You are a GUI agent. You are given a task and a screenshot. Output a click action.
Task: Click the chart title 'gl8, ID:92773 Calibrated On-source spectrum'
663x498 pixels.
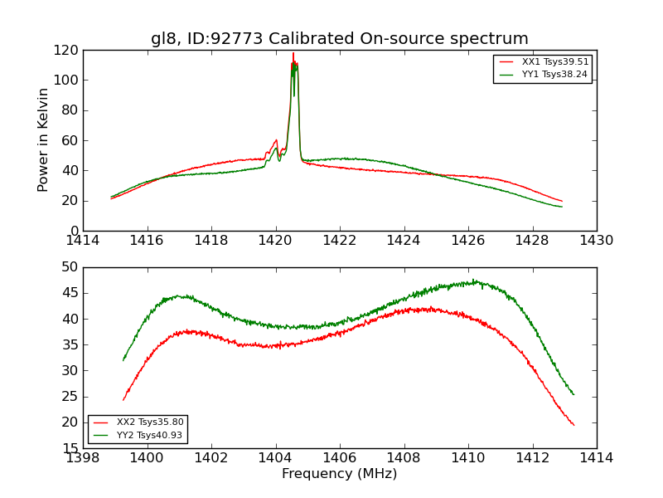339,39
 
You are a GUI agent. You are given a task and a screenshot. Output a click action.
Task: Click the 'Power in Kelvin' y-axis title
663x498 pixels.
44,139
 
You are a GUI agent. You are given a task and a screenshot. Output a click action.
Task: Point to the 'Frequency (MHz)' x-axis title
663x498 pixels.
339,474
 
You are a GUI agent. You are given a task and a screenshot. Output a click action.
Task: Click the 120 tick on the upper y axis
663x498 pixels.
66,50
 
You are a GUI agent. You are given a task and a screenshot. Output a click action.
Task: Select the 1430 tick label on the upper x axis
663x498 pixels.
596,241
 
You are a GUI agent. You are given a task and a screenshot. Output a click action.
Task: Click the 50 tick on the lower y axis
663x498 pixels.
70,267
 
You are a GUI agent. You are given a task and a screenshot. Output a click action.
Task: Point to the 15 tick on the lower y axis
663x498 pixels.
70,448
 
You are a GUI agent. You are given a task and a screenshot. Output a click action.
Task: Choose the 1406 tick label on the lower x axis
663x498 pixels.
340,458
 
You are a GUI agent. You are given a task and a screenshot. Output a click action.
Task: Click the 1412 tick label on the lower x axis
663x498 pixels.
532,458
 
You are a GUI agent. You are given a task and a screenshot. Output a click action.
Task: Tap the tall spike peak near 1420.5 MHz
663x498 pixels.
293,54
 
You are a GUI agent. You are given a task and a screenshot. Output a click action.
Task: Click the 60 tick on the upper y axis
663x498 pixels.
70,140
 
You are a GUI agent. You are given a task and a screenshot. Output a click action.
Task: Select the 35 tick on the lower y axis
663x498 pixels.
70,344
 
